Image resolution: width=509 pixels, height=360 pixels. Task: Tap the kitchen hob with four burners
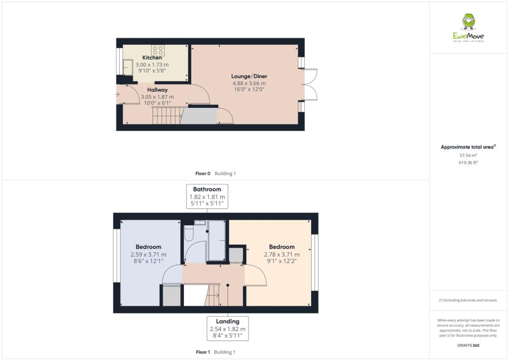tap(159, 50)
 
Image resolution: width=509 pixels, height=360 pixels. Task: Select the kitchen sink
tap(127, 67)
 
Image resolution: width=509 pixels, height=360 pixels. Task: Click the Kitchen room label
tap(152, 58)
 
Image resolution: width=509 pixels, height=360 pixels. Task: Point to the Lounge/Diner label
tap(249, 76)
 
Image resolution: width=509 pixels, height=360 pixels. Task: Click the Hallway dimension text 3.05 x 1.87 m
tap(157, 97)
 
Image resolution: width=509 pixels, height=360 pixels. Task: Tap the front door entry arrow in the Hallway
tap(118, 93)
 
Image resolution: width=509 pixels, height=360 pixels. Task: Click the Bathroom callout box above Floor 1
tap(207, 196)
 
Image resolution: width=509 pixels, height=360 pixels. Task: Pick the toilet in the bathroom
tap(188, 233)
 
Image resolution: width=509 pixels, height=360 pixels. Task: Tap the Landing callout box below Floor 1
tap(228, 329)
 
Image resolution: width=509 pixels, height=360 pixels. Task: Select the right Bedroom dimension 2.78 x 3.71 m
tap(282, 254)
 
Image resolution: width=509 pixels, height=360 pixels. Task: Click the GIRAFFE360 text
tap(469, 345)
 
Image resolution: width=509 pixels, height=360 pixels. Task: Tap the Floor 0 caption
tap(203, 174)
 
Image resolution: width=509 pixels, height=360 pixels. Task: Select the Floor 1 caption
tap(203, 352)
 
